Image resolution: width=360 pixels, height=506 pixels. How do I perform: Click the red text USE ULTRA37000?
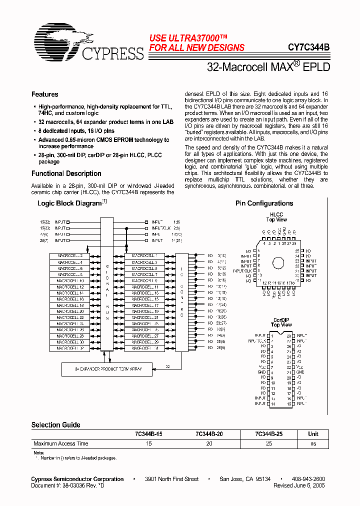click(188, 38)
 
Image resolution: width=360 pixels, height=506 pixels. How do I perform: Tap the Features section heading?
click(44, 94)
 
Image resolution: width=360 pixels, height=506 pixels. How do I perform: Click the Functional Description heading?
click(66, 173)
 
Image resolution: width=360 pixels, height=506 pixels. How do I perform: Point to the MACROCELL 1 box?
click(144, 256)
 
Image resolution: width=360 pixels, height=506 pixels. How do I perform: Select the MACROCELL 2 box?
click(69, 256)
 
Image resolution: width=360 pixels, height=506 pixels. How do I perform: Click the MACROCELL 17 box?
click(144, 305)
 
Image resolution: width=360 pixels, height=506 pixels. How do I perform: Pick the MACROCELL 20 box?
click(69, 311)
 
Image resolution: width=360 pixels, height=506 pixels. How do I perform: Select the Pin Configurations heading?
click(264, 203)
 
